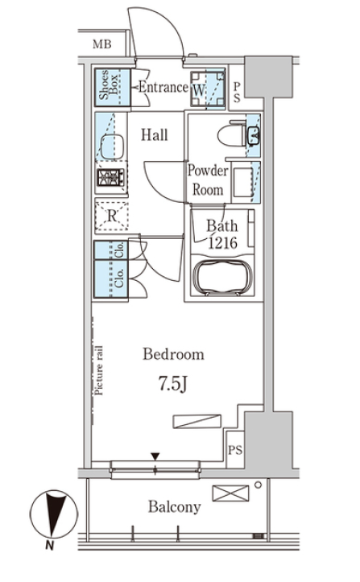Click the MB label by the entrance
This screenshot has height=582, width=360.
(x=101, y=44)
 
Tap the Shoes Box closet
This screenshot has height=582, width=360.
(x=112, y=87)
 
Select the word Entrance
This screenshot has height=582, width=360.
(x=163, y=87)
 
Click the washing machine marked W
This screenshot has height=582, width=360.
(x=208, y=89)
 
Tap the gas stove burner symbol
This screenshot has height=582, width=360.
(x=110, y=177)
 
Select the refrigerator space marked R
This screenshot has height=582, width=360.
(x=111, y=216)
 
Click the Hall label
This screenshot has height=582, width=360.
(x=154, y=134)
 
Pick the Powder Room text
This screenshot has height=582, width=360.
(x=208, y=180)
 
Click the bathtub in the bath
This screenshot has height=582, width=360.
(x=223, y=277)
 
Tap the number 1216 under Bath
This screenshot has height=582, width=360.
(x=222, y=243)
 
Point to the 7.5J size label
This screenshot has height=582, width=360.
(x=172, y=383)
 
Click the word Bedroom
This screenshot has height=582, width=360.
(x=173, y=354)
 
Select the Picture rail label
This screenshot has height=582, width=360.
(x=98, y=370)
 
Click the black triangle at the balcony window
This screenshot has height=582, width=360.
(x=155, y=456)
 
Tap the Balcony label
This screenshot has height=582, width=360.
(x=174, y=506)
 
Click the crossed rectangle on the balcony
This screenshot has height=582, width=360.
(x=230, y=493)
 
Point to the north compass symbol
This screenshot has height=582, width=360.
(x=53, y=514)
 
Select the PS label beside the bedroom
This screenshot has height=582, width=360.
(x=235, y=450)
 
